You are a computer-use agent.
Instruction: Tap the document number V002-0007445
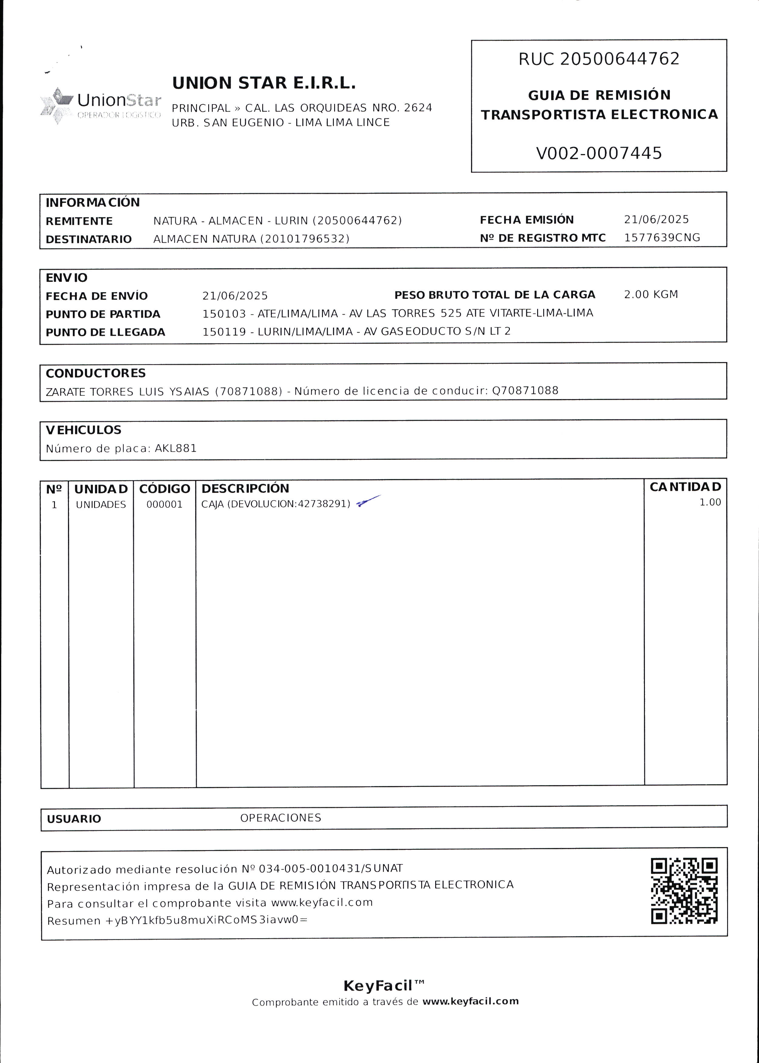coord(599,153)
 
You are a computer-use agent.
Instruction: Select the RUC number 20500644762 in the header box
coord(619,59)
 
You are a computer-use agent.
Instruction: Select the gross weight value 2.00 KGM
coord(651,295)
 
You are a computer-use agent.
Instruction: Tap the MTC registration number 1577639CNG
coord(662,238)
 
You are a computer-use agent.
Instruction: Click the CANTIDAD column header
coord(685,487)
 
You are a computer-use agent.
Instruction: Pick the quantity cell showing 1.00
coord(710,502)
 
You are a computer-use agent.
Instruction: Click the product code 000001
coord(164,504)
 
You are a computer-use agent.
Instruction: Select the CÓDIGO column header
coord(164,489)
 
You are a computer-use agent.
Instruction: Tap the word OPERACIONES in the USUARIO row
coord(280,818)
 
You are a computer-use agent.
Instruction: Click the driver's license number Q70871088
coord(525,391)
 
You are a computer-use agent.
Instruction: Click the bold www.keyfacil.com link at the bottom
coord(470,1001)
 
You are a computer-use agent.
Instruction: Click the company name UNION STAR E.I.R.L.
coord(264,83)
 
